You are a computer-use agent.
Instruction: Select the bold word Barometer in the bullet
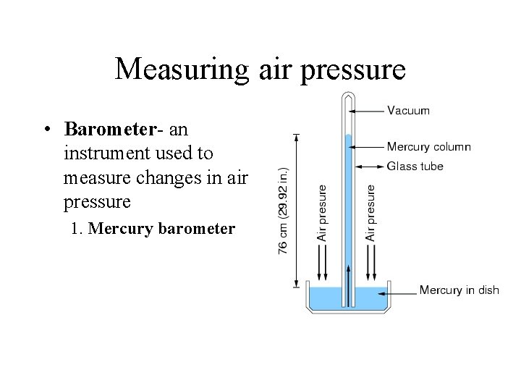click(x=110, y=129)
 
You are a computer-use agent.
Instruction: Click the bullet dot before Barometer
click(x=46, y=130)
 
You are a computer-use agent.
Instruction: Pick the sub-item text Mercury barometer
click(x=153, y=229)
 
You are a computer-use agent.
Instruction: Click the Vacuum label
click(x=409, y=111)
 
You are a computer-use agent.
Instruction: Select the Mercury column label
click(x=429, y=147)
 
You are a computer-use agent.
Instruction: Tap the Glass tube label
click(x=415, y=166)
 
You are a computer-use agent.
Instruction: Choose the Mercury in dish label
click(x=459, y=291)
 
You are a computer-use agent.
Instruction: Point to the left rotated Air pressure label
click(x=323, y=213)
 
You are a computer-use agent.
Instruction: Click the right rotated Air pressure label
click(x=371, y=213)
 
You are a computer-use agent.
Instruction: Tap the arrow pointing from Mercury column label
click(x=367, y=147)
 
